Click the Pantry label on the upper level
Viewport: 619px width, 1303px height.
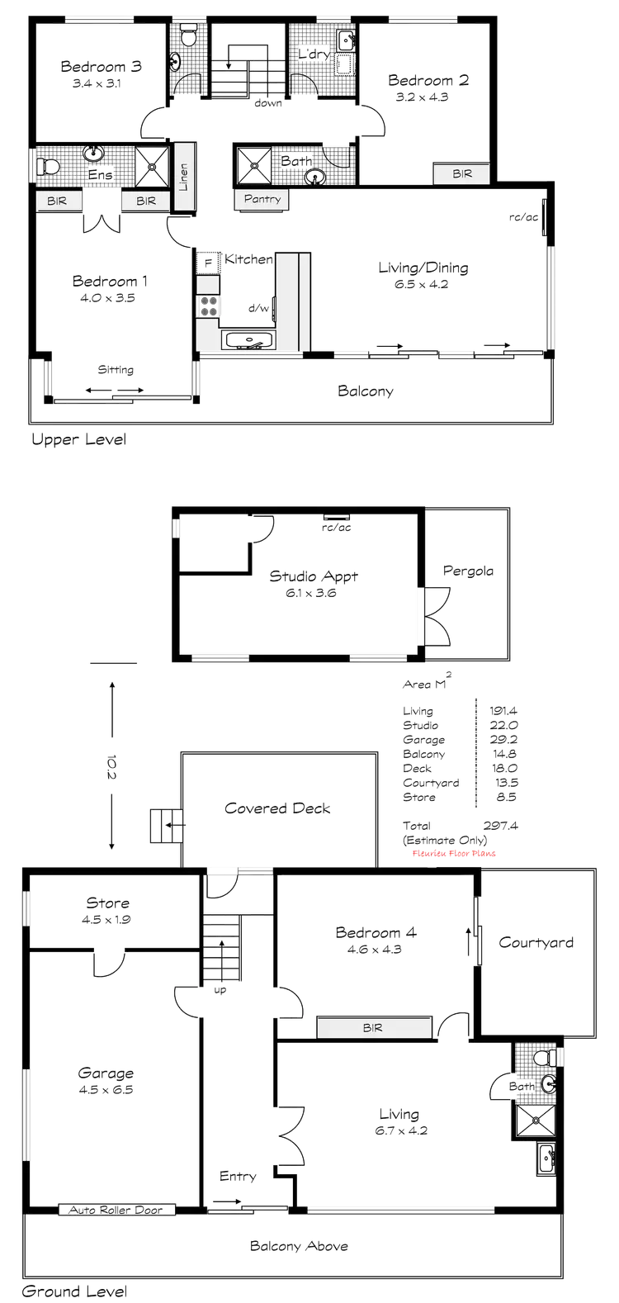262,199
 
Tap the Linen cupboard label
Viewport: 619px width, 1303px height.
183,177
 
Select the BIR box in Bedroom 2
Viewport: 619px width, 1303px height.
462,174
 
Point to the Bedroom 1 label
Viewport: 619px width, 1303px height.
110,282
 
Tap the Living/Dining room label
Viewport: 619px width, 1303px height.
424,268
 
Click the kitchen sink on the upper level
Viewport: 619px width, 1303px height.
248,339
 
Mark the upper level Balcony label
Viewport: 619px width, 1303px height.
366,391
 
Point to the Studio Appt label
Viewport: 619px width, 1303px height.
314,576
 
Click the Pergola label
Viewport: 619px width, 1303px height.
469,571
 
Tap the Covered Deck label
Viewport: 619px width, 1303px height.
279,809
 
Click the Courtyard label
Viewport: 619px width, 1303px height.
537,942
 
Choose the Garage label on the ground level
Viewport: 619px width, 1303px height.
107,1073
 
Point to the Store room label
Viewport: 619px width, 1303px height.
108,903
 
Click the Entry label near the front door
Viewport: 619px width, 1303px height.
239,1175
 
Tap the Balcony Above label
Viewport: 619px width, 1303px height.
300,1246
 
